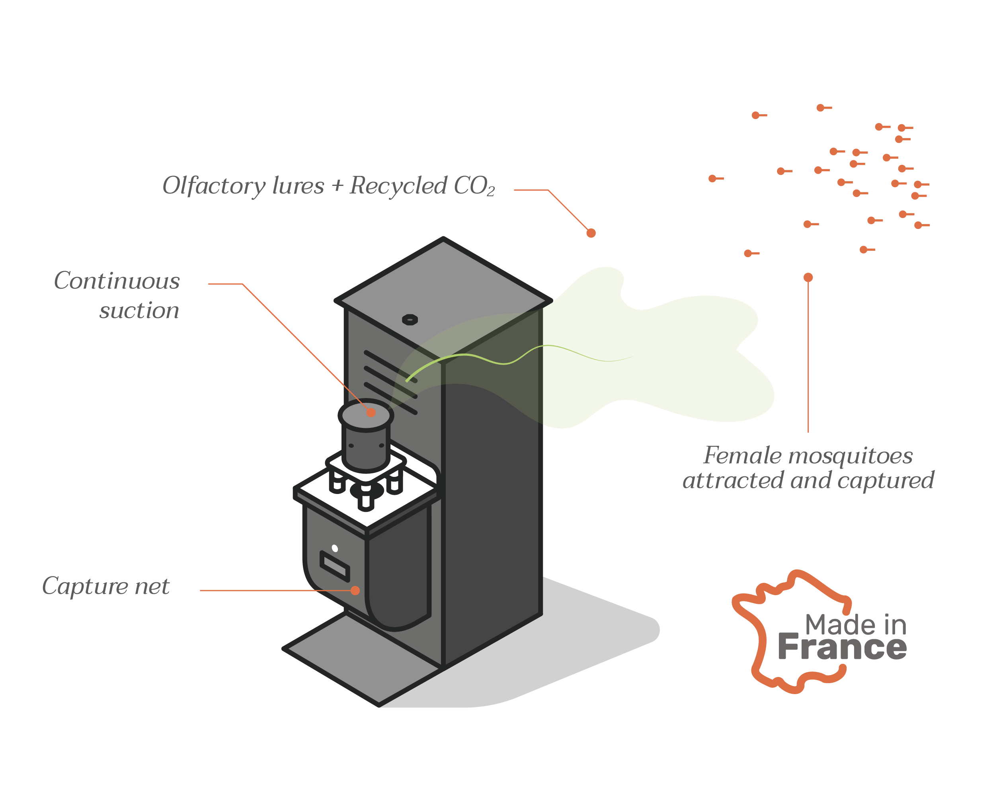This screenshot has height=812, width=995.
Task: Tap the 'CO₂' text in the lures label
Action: (474, 186)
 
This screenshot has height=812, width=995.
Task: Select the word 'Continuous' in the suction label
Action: (117, 281)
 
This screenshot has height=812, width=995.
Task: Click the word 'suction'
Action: (139, 310)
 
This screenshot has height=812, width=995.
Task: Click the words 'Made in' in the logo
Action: (856, 625)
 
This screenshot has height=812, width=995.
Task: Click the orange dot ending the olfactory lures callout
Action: (591, 233)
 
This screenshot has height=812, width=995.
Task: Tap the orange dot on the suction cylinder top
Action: (371, 412)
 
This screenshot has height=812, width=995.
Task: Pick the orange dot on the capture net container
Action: (355, 590)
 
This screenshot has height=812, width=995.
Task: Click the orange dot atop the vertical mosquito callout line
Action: (808, 277)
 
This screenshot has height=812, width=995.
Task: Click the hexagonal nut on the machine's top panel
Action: (410, 320)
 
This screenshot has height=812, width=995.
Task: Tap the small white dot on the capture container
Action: (335, 548)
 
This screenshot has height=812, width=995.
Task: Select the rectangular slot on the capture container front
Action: (335, 566)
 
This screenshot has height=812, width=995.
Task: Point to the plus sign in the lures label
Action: (337, 187)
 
